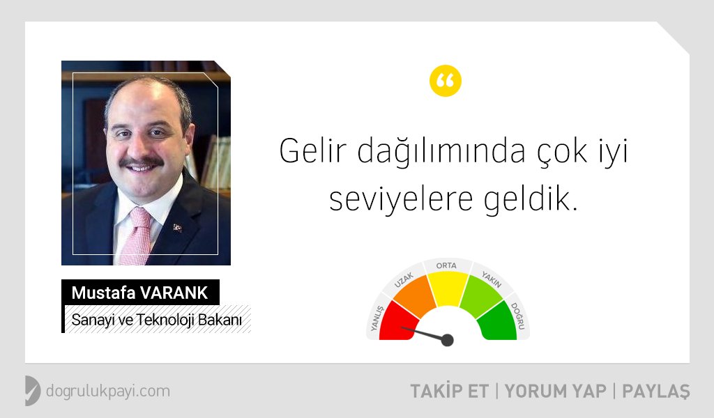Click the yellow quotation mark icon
(x=446, y=81)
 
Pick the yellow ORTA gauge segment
(x=447, y=288)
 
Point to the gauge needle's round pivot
(x=448, y=340)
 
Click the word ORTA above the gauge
(x=446, y=265)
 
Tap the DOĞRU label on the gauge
(x=518, y=316)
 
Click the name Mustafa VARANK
(x=139, y=293)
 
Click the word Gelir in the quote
(x=313, y=150)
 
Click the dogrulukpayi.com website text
(x=108, y=391)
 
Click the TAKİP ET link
(x=450, y=391)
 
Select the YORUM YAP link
(x=556, y=391)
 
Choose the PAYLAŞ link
(x=656, y=392)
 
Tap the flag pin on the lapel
(x=177, y=227)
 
